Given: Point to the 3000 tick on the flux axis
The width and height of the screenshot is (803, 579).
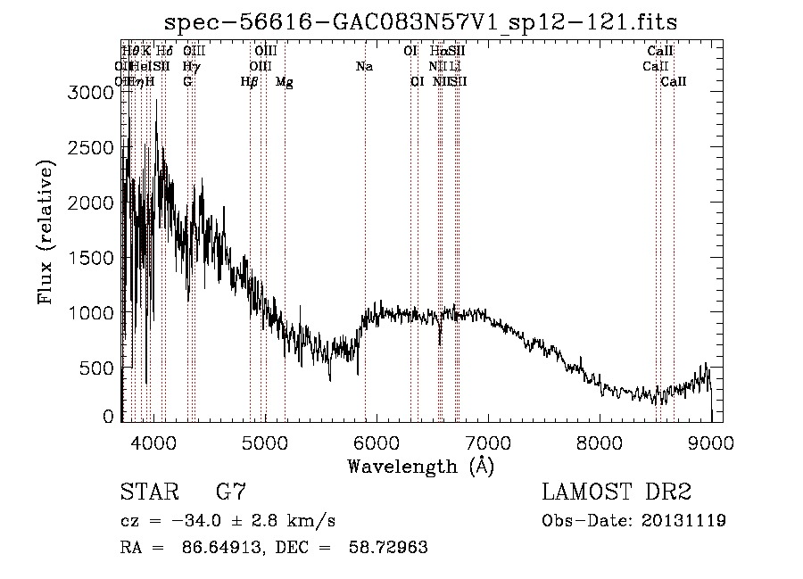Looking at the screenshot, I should (x=92, y=93).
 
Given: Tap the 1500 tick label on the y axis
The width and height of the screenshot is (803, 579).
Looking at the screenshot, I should (x=92, y=258).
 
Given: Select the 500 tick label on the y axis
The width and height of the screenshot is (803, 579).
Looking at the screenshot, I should (x=98, y=368).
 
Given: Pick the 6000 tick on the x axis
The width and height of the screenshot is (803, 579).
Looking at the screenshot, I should (x=377, y=442).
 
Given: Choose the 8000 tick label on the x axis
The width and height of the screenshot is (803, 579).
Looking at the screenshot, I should (x=600, y=442).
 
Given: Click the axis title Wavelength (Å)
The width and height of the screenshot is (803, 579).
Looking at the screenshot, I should (x=420, y=466).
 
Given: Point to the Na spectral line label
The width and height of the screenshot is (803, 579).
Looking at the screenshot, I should (x=364, y=67).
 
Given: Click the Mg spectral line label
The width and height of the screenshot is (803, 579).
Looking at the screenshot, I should (x=284, y=82).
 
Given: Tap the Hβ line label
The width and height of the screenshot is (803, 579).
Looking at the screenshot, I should (x=249, y=82).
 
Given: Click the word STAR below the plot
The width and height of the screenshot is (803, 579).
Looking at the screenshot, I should (x=148, y=492).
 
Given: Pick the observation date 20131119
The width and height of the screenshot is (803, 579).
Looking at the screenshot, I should (x=683, y=521).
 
